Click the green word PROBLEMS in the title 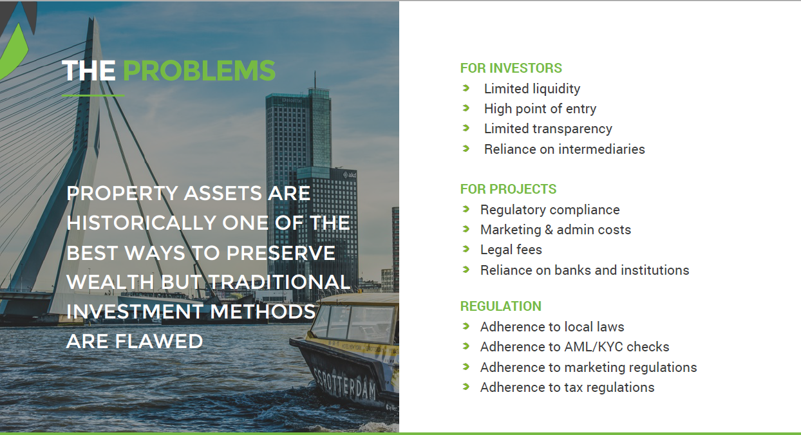[199, 70]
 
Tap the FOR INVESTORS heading [511, 68]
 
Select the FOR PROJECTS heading [508, 189]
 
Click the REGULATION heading [501, 306]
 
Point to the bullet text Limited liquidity [532, 89]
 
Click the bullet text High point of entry [540, 109]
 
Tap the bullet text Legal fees [511, 250]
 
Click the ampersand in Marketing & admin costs [549, 230]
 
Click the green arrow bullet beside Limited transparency [466, 128]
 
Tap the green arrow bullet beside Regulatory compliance [466, 209]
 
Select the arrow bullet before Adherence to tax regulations [466, 386]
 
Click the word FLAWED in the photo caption [159, 341]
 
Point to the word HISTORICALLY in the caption [142, 223]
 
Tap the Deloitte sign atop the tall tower [292, 100]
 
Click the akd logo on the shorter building [350, 175]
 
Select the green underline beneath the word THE [93, 95]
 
